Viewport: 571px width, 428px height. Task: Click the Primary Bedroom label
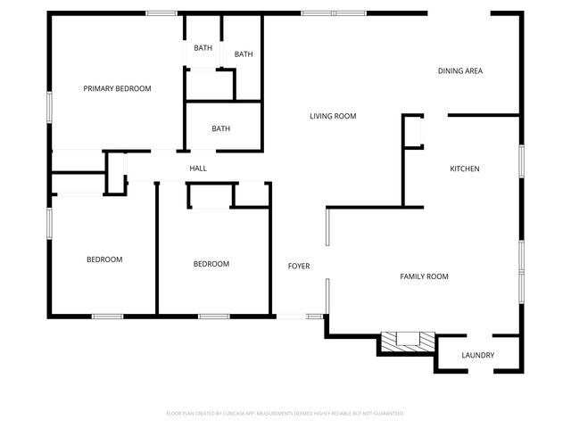click(117, 88)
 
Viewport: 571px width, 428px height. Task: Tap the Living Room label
click(333, 116)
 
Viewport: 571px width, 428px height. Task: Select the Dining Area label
click(459, 70)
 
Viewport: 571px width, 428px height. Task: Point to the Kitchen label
click(464, 169)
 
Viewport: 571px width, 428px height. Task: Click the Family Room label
click(423, 276)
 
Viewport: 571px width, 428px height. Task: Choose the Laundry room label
click(477, 356)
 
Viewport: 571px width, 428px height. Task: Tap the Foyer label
click(298, 267)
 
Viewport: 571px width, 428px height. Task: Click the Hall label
click(197, 168)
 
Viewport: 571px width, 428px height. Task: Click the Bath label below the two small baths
click(220, 128)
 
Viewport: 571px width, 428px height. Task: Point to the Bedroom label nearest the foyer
click(211, 264)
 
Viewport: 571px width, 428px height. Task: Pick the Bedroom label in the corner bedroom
click(104, 259)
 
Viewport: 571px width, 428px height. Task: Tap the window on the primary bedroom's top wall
click(161, 12)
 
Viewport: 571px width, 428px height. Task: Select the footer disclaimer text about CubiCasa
click(285, 413)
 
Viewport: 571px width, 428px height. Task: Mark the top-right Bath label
click(244, 54)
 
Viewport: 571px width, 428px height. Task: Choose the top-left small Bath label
click(203, 47)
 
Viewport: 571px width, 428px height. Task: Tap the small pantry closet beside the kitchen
click(412, 132)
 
